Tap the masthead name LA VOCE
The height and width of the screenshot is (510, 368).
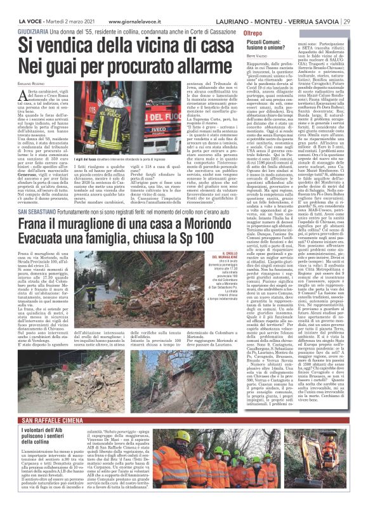tap(15, 6)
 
